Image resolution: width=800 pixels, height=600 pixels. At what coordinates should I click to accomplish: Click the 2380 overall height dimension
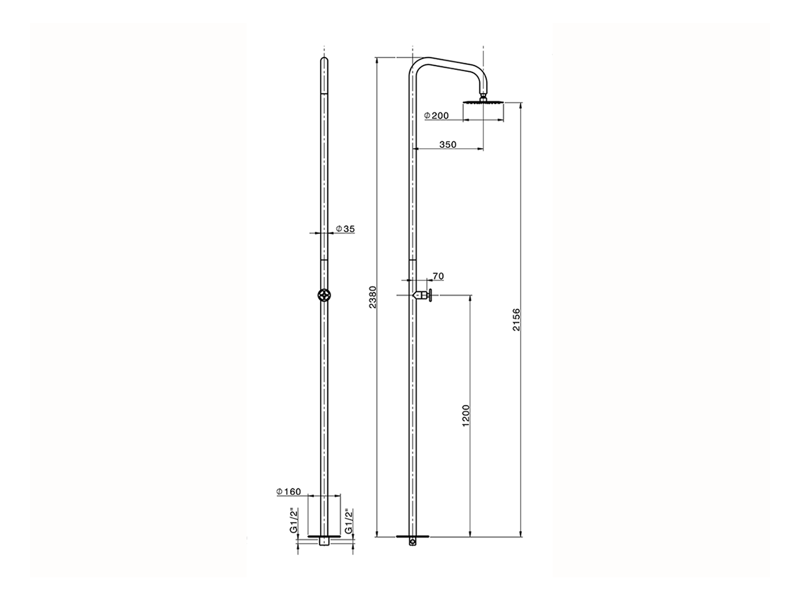pos(372,297)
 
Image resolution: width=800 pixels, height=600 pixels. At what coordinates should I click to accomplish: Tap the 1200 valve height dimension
pos(466,416)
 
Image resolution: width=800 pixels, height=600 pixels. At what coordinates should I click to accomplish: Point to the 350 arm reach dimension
pos(447,144)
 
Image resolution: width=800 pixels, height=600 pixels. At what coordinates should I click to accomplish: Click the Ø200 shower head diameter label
pos(436,116)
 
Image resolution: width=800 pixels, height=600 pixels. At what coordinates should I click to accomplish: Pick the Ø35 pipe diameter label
pos(345,229)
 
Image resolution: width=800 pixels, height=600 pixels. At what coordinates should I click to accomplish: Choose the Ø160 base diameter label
pos(289,492)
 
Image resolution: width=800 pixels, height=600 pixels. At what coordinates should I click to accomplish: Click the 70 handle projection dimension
pos(437,276)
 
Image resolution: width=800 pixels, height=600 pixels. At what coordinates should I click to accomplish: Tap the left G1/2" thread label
pos(293,521)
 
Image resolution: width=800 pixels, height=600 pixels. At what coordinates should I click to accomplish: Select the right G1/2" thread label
pos(349,521)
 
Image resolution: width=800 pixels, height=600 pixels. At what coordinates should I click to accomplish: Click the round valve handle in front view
pos(324,296)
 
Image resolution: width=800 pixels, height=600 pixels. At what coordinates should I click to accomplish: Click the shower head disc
pos(483,102)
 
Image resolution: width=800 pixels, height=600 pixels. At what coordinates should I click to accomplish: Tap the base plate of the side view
pos(413,536)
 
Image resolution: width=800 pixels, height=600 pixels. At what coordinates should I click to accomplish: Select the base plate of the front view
pos(324,536)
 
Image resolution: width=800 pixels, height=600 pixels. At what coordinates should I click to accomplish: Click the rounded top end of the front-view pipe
pos(324,60)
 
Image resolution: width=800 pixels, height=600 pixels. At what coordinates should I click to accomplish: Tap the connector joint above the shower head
pos(483,96)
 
